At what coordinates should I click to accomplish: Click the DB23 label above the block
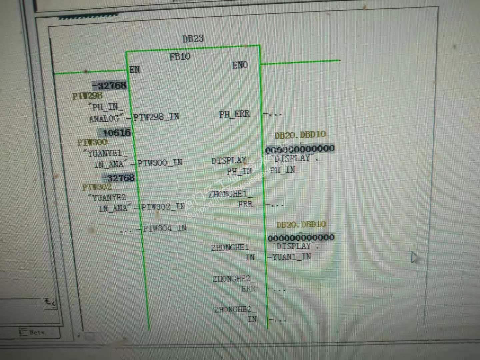[x=193, y=39]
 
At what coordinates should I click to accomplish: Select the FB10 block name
[x=180, y=57]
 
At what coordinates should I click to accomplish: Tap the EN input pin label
[x=135, y=70]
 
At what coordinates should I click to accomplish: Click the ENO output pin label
[x=240, y=65]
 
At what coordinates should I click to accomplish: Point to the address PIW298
[x=87, y=96]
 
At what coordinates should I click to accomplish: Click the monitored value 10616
[x=116, y=133]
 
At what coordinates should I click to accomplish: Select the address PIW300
[x=92, y=143]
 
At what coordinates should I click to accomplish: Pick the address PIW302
[x=97, y=187]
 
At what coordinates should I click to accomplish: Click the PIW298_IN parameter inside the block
[x=156, y=117]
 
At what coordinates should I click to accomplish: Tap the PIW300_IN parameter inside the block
[x=160, y=163]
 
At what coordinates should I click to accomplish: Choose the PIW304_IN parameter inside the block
[x=165, y=228]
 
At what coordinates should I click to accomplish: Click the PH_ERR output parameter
[x=234, y=114]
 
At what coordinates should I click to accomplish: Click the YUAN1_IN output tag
[x=291, y=257]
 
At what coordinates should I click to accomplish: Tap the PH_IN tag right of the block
[x=283, y=170]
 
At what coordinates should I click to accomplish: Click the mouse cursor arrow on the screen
[x=414, y=257]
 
